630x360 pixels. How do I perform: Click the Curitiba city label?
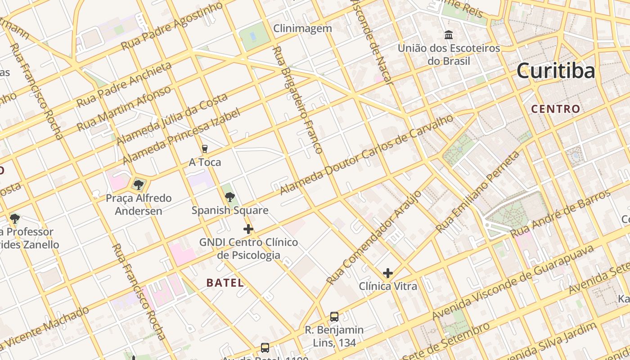[556, 71]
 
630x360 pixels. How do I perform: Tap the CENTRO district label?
[555, 109]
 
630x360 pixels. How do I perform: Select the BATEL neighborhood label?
[225, 283]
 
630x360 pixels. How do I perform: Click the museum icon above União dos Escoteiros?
[448, 35]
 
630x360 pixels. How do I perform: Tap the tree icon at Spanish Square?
[229, 197]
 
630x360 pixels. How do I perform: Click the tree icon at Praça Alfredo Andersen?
[139, 184]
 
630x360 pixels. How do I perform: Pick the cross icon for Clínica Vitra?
[387, 273]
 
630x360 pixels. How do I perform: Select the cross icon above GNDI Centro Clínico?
[248, 229]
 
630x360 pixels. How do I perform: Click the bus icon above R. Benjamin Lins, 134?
[334, 317]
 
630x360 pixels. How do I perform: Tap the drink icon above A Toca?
[205, 149]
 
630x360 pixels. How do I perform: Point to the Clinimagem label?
[303, 28]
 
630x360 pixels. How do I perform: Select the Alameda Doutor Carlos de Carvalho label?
[366, 154]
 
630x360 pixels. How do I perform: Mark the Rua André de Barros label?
[560, 213]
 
